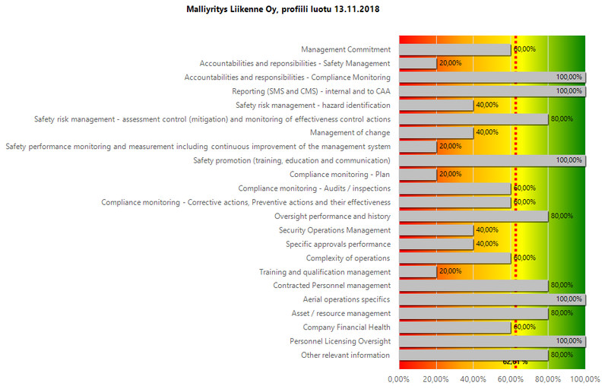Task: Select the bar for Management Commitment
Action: [x=454, y=49]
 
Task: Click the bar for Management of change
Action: [x=435, y=133]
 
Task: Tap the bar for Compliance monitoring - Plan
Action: [x=417, y=174]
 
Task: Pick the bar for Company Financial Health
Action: [x=454, y=327]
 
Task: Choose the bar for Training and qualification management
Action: [x=417, y=272]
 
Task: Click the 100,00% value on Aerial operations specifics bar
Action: [x=568, y=299]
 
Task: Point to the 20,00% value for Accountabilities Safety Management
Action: [x=450, y=64]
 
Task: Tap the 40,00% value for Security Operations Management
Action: [x=487, y=230]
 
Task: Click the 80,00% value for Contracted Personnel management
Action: [x=561, y=286]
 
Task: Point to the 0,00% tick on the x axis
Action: [x=398, y=378]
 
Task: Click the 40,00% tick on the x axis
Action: [x=473, y=378]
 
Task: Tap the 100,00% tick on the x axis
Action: [x=583, y=378]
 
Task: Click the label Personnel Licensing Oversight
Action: [x=340, y=341]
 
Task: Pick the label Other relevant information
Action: [x=345, y=355]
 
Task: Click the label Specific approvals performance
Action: [x=337, y=244]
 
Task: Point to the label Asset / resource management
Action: [x=340, y=313]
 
